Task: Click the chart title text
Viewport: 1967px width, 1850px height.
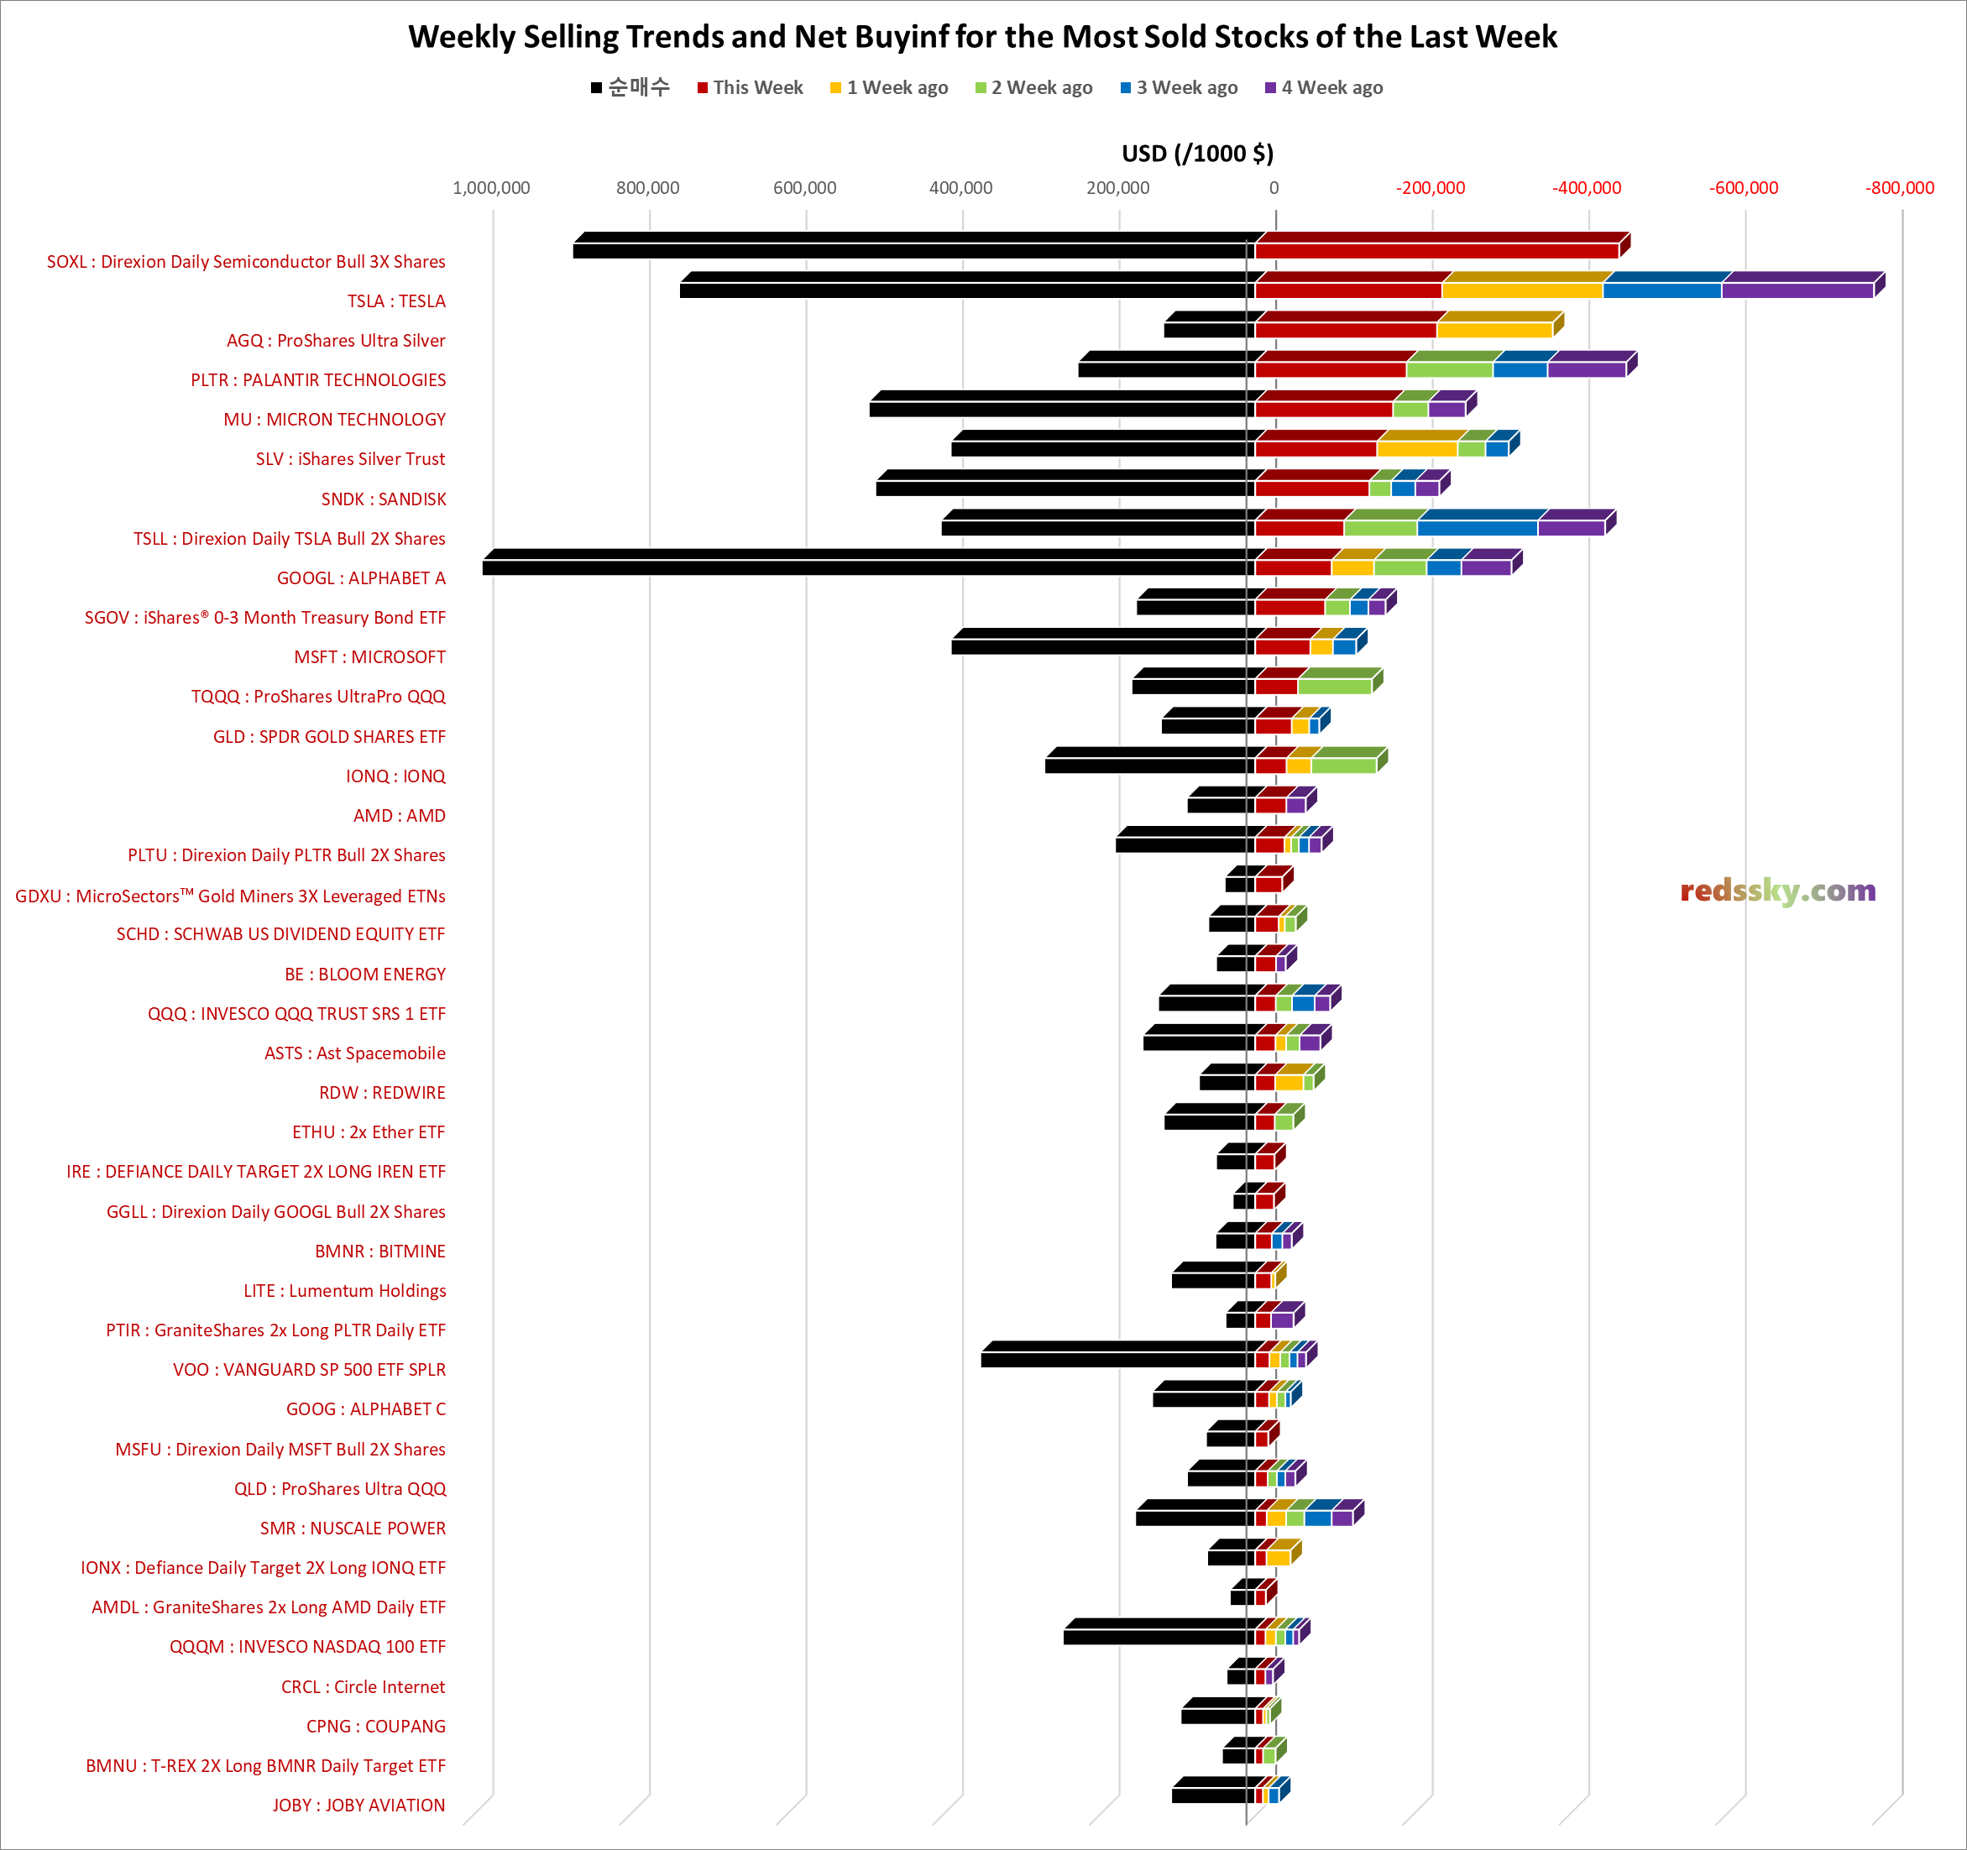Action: coord(982,37)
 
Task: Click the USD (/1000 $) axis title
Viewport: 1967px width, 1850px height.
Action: coord(1197,154)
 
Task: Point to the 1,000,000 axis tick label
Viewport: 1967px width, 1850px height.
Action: coord(491,188)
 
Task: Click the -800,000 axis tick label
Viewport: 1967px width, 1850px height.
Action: coord(1900,188)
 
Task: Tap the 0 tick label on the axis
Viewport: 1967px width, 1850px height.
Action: coord(1274,188)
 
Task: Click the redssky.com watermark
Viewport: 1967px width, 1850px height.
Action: coord(1777,891)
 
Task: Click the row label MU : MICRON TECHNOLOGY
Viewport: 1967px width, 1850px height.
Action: coord(334,420)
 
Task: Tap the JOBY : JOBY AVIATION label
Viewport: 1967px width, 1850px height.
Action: coord(358,1805)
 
